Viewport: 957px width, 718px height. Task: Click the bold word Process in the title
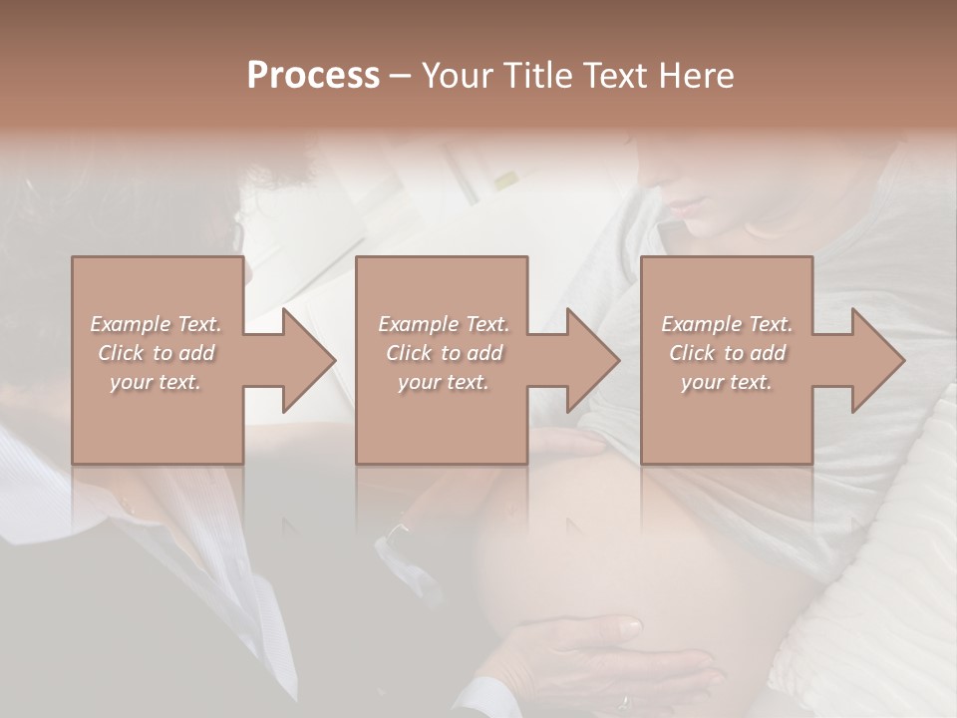coord(313,76)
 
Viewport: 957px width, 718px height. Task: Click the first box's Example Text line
coord(157,324)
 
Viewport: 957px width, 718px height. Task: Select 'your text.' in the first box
coord(157,382)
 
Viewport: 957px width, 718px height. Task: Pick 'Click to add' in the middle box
coord(444,353)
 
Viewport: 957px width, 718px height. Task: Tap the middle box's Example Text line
coord(444,324)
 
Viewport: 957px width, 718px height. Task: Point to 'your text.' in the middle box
coord(444,382)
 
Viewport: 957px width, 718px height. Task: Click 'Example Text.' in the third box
coord(727,324)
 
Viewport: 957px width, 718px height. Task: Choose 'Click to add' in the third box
coord(727,353)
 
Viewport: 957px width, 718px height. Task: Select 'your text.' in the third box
coord(727,382)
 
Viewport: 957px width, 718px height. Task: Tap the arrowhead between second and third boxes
coord(589,360)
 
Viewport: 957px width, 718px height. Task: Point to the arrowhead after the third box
coord(874,360)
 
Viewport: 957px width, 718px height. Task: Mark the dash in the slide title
coord(401,77)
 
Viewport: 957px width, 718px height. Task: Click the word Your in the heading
coord(462,76)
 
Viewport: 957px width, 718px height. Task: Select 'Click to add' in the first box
coord(157,353)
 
